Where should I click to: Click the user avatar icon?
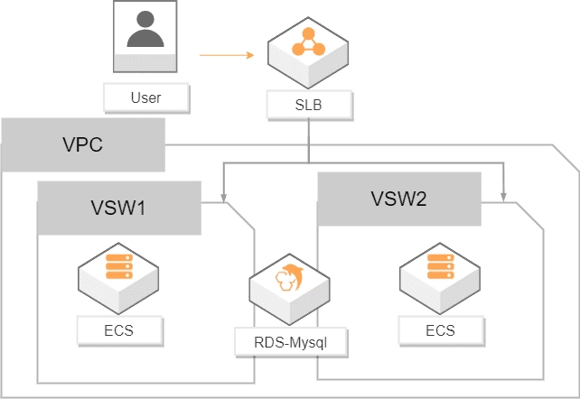click(146, 35)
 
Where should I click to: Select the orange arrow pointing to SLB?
click(227, 55)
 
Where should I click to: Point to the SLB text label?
click(308, 106)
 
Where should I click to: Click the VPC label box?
click(83, 144)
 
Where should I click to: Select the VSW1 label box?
click(118, 208)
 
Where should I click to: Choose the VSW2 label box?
click(398, 199)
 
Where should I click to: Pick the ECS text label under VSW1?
click(118, 329)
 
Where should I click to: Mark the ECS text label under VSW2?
click(440, 329)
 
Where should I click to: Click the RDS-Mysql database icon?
click(290, 284)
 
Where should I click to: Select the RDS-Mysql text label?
click(290, 343)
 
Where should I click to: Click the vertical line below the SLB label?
click(309, 141)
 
